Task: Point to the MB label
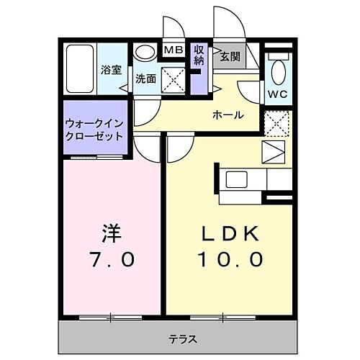pyautogui.click(x=173, y=50)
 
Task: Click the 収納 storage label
pyautogui.click(x=199, y=55)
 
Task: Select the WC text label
pyautogui.click(x=278, y=94)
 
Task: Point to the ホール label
pyautogui.click(x=227, y=115)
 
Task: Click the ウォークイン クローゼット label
pyautogui.click(x=93, y=129)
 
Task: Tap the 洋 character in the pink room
pyautogui.click(x=110, y=234)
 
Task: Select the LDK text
pyautogui.click(x=230, y=234)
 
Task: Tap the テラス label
pyautogui.click(x=183, y=339)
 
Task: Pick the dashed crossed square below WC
pyautogui.click(x=276, y=123)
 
